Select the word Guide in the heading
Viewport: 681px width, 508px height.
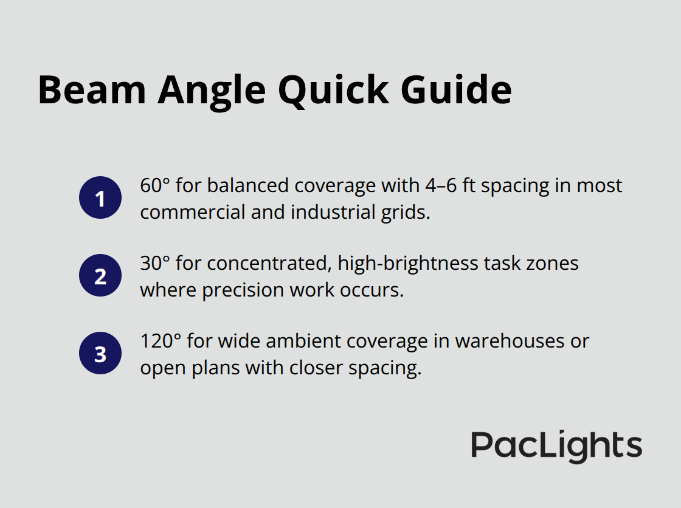pyautogui.click(x=457, y=90)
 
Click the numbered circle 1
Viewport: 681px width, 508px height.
pyautogui.click(x=100, y=198)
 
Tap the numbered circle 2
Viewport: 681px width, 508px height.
pyautogui.click(x=100, y=276)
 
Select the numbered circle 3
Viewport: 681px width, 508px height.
pyautogui.click(x=100, y=353)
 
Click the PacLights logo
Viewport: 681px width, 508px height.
pyautogui.click(x=556, y=447)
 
